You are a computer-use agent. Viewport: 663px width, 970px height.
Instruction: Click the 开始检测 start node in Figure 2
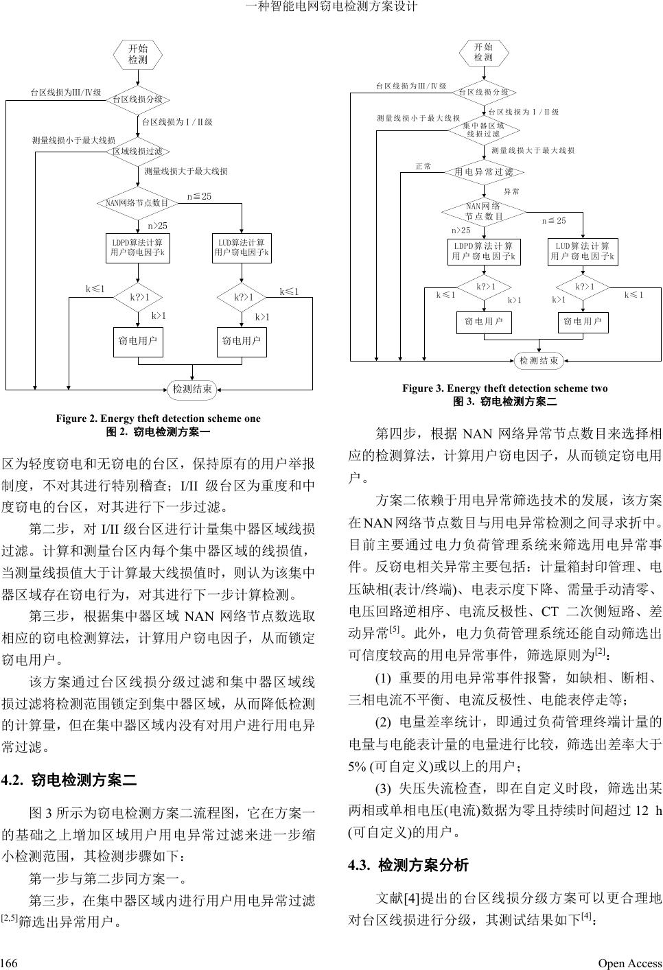tap(138, 54)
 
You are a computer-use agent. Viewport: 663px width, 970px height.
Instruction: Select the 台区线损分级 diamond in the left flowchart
tap(138, 99)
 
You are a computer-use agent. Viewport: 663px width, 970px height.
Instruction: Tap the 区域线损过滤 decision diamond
tap(138, 151)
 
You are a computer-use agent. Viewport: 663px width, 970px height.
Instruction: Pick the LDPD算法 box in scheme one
tap(138, 248)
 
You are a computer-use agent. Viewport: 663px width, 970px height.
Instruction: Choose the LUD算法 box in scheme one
tap(242, 248)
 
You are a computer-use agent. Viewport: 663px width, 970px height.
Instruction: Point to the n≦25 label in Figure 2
tap(200, 197)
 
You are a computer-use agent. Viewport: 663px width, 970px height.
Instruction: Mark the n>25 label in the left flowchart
tap(158, 225)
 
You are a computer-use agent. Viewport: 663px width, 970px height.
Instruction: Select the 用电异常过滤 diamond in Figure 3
tap(484, 171)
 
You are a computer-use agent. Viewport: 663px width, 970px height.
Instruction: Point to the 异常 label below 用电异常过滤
tap(512, 191)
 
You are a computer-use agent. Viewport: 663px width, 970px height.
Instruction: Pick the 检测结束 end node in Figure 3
tap(539, 360)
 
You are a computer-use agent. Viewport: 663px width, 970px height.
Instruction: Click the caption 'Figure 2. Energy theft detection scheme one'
tap(159, 418)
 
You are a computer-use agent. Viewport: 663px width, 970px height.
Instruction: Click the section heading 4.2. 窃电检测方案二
tap(70, 780)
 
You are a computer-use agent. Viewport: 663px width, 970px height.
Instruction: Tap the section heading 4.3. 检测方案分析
tap(409, 865)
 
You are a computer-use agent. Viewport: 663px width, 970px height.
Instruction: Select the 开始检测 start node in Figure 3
tap(484, 52)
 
